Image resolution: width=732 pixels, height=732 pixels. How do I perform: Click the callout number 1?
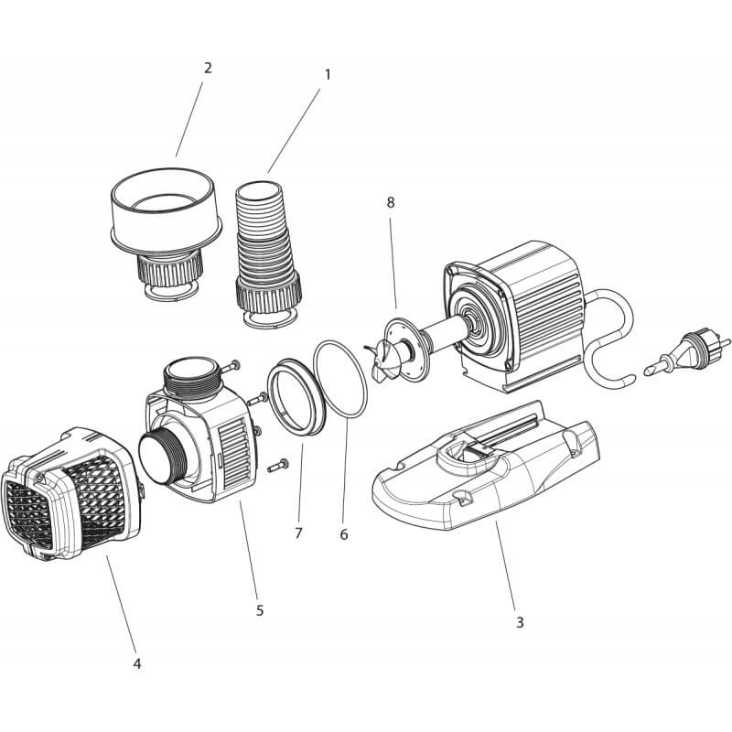[328, 75]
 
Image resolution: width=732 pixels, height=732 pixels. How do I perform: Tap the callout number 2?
[208, 68]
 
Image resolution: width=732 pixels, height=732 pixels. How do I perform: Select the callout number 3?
[520, 622]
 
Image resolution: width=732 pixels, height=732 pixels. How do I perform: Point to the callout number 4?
[136, 663]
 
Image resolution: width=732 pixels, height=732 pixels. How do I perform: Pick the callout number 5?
[260, 610]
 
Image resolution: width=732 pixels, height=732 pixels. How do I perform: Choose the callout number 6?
[344, 534]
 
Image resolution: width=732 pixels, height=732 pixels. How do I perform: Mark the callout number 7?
[298, 533]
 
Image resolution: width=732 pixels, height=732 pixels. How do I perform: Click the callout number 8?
[391, 202]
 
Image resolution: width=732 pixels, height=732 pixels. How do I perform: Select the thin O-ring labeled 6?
[340, 380]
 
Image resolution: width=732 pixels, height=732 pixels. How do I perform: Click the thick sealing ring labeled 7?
[296, 397]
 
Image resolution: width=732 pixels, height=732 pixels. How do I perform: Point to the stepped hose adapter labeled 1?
[267, 253]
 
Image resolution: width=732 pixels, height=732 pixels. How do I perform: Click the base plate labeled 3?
[486, 466]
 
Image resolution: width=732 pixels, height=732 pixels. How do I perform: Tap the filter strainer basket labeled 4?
[71, 494]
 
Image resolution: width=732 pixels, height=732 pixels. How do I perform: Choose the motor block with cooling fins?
[513, 318]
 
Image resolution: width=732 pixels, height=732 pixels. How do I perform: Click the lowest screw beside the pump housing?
[278, 466]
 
